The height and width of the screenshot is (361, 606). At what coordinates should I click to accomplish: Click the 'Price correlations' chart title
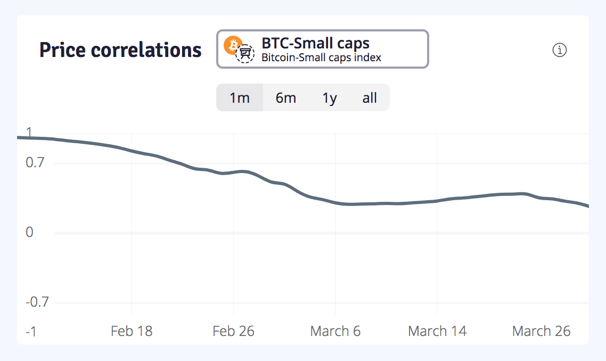[120, 50]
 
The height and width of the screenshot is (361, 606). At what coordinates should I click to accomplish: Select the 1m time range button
[240, 98]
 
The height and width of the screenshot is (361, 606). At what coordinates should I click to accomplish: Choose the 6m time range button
[286, 98]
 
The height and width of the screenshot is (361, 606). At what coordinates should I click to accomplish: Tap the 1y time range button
[330, 98]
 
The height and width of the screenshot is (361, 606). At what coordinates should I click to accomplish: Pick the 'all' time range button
[370, 98]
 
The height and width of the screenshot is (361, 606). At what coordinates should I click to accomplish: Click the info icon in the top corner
[560, 50]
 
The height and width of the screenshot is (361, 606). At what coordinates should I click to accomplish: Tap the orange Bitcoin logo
[232, 45]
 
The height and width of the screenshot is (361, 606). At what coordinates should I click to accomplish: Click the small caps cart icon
[245, 54]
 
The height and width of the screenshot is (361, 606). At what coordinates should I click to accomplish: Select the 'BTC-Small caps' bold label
[315, 43]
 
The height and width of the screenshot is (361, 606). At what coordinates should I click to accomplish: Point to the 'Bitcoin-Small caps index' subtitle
[321, 58]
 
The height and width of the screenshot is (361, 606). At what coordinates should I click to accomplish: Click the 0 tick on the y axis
[29, 232]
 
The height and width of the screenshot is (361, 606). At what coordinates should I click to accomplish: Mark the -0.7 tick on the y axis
[37, 302]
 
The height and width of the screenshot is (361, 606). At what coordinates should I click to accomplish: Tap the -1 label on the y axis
[31, 331]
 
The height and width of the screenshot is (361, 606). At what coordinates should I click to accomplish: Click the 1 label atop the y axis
[29, 132]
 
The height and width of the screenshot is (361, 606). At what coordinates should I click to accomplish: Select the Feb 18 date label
[132, 331]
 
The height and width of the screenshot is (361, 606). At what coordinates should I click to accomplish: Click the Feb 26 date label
[233, 331]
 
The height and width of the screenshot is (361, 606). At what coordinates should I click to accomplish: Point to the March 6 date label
[335, 331]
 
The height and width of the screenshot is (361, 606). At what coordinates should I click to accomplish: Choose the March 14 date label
[437, 331]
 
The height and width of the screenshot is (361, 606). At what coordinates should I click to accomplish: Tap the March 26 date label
[541, 331]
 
